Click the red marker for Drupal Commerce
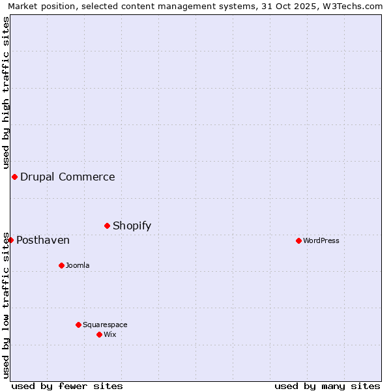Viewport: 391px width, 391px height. pos(14,177)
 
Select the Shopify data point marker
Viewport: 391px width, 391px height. pos(108,225)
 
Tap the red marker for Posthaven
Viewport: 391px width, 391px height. pos(10,240)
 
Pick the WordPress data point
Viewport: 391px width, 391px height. pos(298,240)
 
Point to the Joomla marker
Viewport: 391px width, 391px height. pos(61,265)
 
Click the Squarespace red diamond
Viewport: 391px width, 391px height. pos(78,325)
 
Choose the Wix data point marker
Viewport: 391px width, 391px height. pos(99,334)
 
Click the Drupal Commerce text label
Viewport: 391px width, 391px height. pos(68,177)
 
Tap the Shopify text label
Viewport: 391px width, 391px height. pos(132,225)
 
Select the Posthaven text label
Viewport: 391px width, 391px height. pos(43,240)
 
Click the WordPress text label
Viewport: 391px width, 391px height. pos(321,240)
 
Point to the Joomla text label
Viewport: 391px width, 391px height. pos(78,265)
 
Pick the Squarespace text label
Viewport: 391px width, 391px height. pos(105,325)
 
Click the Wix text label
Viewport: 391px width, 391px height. pos(110,334)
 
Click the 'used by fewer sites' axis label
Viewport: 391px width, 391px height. pos(67,386)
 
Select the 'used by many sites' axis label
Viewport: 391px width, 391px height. pos(327,386)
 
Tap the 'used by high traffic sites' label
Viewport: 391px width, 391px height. pos(6,93)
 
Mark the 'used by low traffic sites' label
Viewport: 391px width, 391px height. pos(6,305)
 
